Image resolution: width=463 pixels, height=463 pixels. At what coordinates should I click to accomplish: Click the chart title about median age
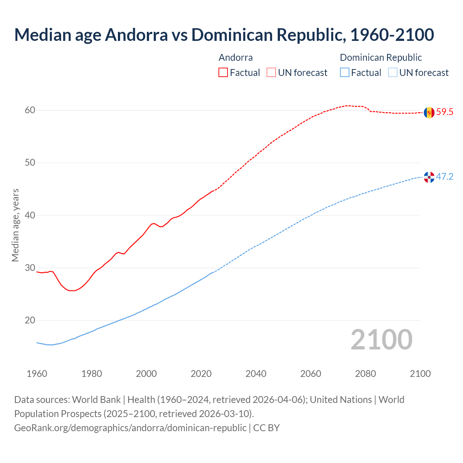point(224,35)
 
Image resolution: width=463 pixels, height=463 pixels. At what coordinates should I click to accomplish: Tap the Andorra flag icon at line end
point(429,112)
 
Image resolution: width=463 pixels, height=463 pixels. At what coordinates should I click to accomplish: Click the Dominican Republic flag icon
point(429,177)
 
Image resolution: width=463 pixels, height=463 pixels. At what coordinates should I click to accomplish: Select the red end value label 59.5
point(445,112)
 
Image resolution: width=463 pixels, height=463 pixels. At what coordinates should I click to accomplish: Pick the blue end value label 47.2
point(445,177)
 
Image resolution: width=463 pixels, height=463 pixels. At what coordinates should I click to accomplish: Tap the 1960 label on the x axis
point(37,374)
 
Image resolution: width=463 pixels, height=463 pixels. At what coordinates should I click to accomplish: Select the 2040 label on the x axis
point(256,374)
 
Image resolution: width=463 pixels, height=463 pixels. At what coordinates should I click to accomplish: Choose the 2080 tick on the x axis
point(365,374)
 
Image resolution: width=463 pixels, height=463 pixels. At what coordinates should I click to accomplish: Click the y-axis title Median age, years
point(15,225)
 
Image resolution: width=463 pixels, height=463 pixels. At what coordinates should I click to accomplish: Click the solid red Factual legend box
point(223,73)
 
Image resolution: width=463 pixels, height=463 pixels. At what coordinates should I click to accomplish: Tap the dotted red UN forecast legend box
point(271,73)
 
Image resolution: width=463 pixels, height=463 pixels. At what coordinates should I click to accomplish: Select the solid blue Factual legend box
point(345,73)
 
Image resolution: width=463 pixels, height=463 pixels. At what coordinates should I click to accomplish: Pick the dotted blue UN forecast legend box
point(393,73)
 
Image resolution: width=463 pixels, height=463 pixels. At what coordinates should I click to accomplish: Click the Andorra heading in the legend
point(235,58)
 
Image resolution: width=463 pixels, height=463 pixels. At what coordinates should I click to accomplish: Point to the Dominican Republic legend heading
point(381,58)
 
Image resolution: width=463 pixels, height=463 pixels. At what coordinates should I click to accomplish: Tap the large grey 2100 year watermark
point(381,340)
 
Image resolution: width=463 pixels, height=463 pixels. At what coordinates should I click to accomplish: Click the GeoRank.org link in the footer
point(130,428)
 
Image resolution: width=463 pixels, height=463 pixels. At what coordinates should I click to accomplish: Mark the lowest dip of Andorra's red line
point(72,290)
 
